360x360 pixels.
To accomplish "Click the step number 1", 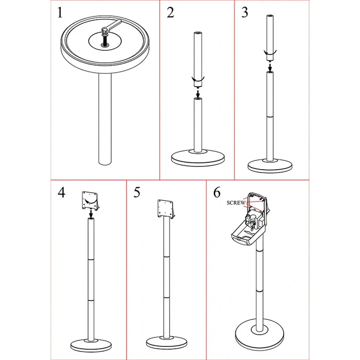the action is click(60, 13).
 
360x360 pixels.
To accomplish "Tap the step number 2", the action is click(170, 13).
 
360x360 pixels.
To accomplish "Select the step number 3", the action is click(245, 13).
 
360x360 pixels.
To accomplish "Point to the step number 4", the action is click(61, 193).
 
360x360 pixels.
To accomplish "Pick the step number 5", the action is click(137, 193).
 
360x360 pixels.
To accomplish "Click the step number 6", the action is click(217, 193).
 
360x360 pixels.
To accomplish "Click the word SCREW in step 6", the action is click(236, 203).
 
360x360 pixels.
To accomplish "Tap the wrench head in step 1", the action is click(105, 30).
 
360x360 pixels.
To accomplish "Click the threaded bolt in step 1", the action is click(105, 39).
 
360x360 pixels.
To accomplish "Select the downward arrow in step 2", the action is click(198, 93).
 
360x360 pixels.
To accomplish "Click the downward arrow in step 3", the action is click(270, 67).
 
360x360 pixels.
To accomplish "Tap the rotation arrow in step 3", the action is click(270, 52).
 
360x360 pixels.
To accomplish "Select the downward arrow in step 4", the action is click(91, 214).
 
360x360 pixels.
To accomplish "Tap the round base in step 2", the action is click(198, 158).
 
